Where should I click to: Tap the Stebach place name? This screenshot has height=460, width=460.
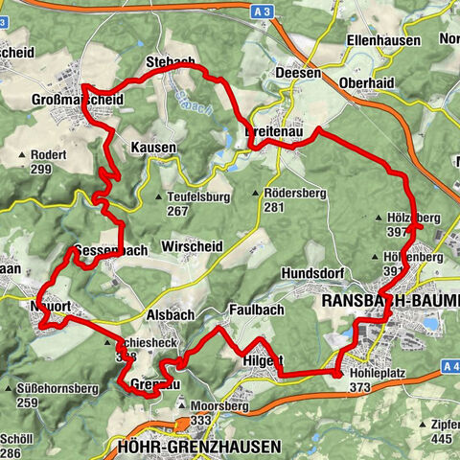pos(171,62)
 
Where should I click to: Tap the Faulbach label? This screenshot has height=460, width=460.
pos(254,310)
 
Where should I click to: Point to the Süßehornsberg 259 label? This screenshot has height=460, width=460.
pos(50,396)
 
